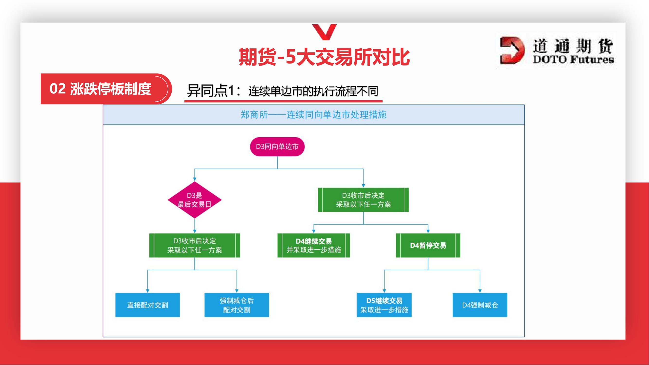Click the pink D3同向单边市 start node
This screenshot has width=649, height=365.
(277, 146)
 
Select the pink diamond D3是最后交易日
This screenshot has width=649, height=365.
(194, 200)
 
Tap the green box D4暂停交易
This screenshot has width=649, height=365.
(428, 245)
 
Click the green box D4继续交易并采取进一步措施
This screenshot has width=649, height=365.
(313, 245)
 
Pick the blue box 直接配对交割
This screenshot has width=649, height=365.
(147, 305)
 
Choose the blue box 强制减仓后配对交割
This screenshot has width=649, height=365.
(237, 305)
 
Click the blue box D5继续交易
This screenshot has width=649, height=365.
(384, 305)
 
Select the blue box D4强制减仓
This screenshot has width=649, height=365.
(480, 305)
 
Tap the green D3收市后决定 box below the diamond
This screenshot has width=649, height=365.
(194, 245)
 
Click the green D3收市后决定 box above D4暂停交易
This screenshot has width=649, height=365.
(363, 200)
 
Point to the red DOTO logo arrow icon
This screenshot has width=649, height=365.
(512, 50)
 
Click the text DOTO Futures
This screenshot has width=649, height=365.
(573, 60)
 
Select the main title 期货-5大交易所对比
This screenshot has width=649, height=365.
(324, 57)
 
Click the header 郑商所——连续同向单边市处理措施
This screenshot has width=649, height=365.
(313, 115)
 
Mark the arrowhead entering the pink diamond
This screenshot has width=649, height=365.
(194, 179)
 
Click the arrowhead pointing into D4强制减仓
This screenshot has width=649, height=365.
(480, 291)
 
